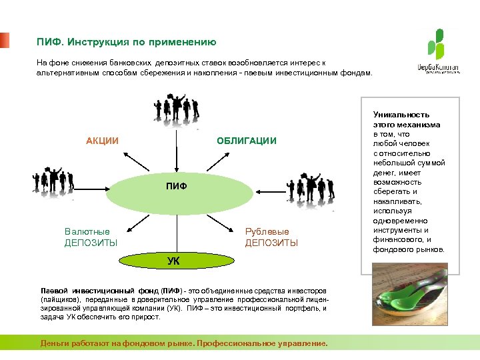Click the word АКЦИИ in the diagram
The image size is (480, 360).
point(102,141)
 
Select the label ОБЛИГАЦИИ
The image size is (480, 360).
point(246,141)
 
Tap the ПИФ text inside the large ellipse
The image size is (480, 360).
point(176,187)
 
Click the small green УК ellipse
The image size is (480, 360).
point(173,261)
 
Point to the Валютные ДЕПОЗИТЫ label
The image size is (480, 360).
point(91,237)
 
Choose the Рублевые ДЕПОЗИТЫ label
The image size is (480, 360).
point(271,237)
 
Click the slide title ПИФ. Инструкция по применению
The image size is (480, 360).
point(126,42)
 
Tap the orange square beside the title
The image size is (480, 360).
point(5,40)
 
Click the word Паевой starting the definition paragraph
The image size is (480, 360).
point(54,291)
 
